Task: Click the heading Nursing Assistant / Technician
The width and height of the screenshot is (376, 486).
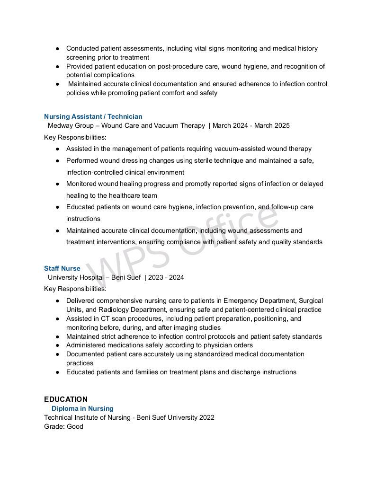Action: (93, 116)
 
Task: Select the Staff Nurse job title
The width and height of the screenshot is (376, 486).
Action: (62, 268)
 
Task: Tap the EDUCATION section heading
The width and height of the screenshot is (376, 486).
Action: (66, 399)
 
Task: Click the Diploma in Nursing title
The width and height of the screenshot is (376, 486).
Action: (82, 408)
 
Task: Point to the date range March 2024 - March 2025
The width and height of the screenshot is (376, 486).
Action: (251, 125)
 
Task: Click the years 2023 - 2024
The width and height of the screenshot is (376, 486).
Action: (166, 277)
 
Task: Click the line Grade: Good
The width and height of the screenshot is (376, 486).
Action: (63, 426)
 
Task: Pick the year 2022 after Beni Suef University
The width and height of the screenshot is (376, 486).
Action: (206, 417)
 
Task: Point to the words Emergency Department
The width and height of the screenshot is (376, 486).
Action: (260, 300)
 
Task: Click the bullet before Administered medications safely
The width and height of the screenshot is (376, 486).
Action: (57, 345)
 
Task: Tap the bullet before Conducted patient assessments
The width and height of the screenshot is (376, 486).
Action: (57, 49)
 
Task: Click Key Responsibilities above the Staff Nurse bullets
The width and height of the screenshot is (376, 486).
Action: (75, 289)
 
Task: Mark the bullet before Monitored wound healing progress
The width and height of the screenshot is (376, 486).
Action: (57, 184)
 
